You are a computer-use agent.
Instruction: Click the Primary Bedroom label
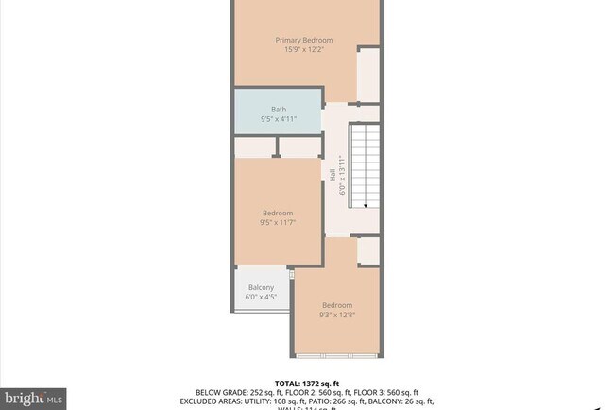tap(304, 40)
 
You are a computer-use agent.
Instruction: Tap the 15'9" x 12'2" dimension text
tap(304, 50)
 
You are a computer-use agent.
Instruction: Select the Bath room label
tap(278, 109)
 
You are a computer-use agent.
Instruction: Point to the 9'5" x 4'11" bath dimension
tap(278, 119)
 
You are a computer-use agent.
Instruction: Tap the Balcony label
tap(261, 287)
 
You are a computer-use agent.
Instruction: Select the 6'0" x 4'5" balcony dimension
tap(261, 298)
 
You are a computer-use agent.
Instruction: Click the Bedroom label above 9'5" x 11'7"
tap(278, 213)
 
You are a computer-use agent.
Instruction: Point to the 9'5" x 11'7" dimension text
tap(278, 223)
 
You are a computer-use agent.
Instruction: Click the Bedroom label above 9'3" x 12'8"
tap(337, 305)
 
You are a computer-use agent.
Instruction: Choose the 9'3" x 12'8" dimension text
tap(337, 316)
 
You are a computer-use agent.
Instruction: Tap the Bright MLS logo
tap(34, 397)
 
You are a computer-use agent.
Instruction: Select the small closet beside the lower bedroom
tap(368, 251)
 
